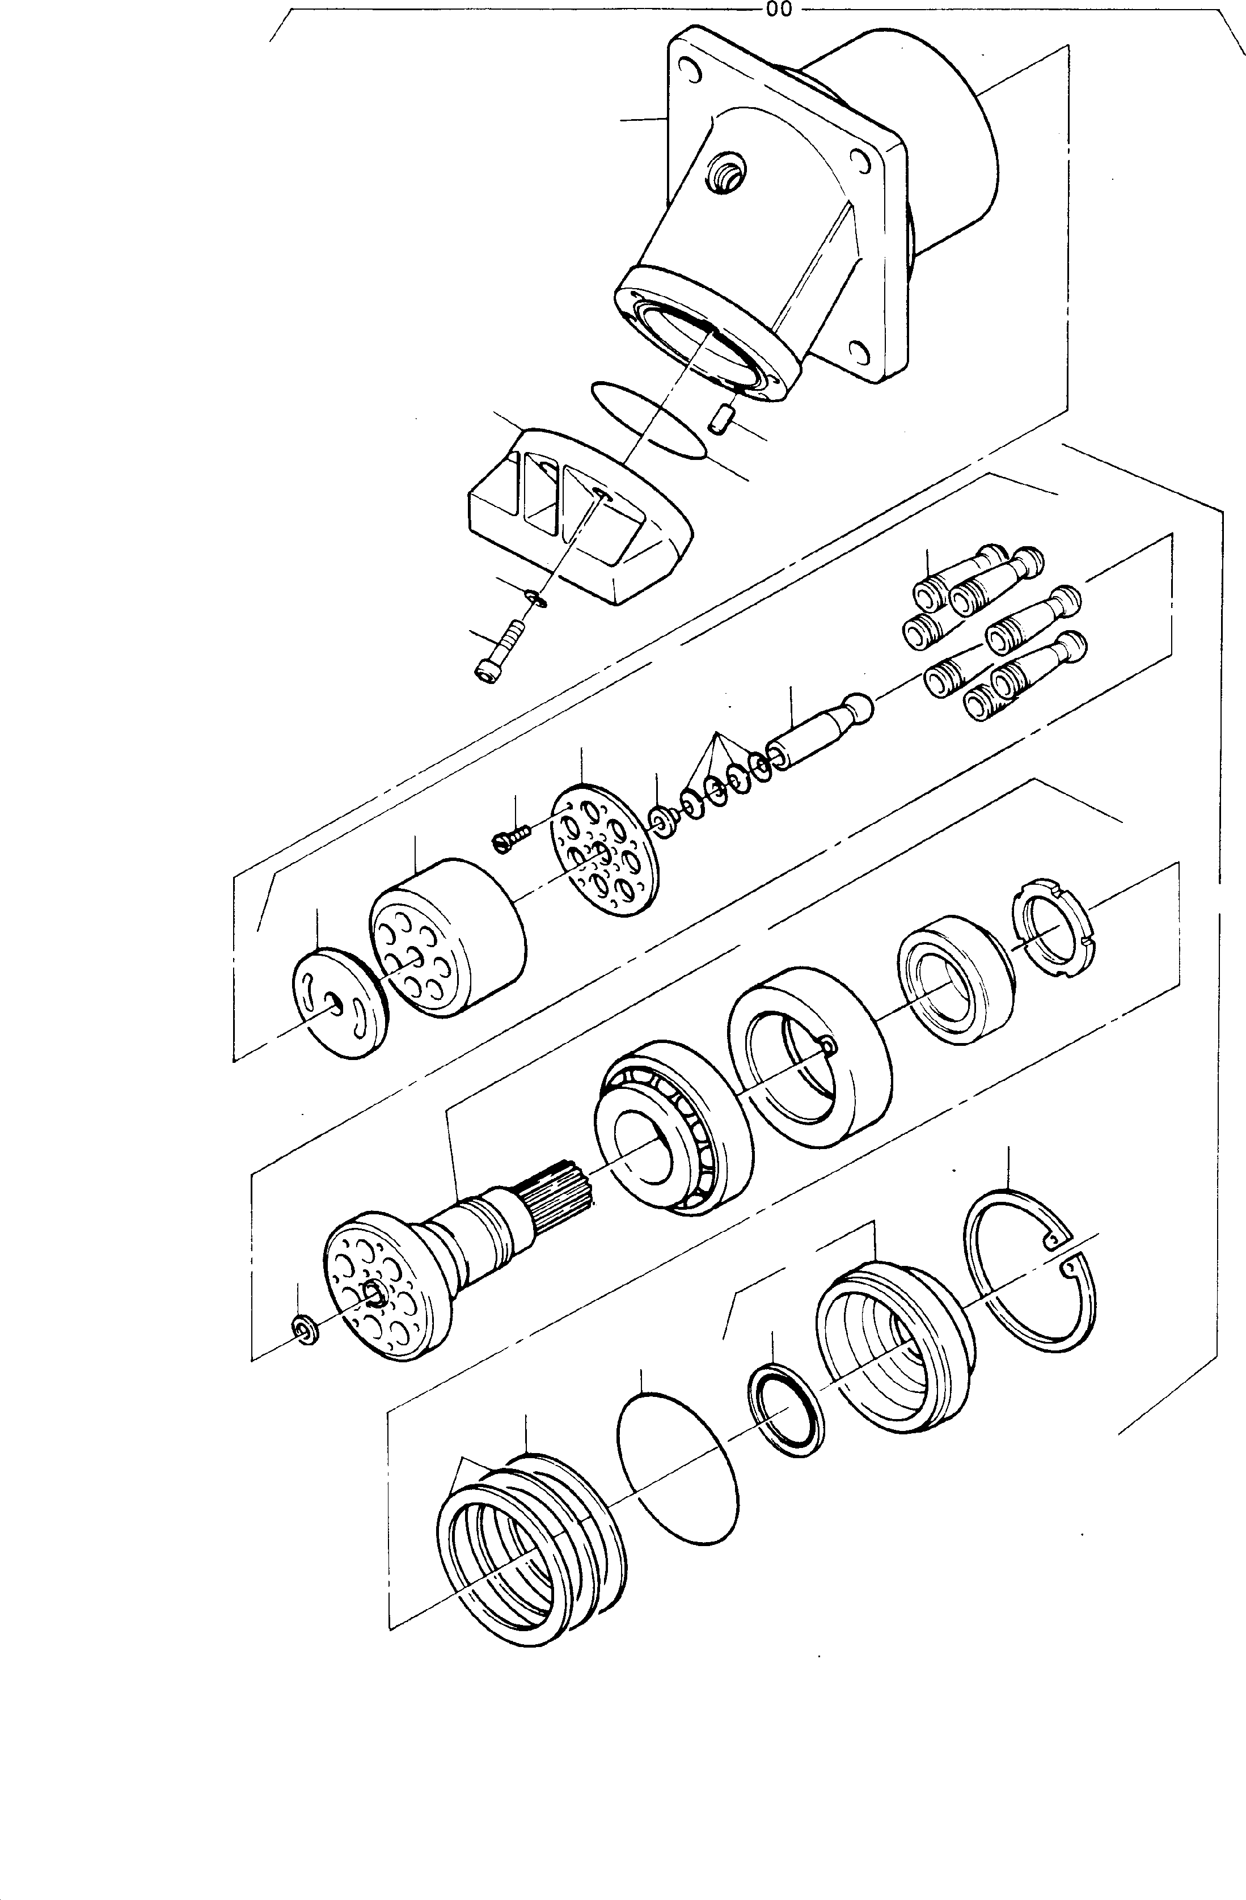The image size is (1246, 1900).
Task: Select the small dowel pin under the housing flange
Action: click(x=721, y=417)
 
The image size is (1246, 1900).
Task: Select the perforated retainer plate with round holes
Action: click(x=606, y=851)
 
